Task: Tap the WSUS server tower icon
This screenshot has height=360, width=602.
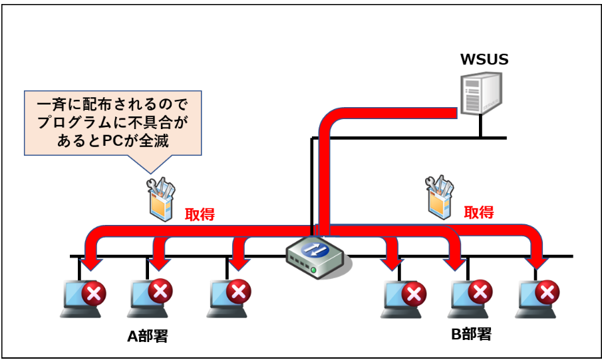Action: pyautogui.click(x=479, y=94)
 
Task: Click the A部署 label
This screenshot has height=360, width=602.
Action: pyautogui.click(x=148, y=335)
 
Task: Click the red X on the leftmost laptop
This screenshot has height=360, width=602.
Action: pyautogui.click(x=94, y=291)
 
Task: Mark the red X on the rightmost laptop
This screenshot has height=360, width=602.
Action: pyautogui.click(x=547, y=291)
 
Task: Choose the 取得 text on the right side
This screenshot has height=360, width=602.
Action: pyautogui.click(x=479, y=212)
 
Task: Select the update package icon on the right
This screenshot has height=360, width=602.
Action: pyautogui.click(x=439, y=197)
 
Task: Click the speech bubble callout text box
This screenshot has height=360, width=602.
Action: pyautogui.click(x=112, y=122)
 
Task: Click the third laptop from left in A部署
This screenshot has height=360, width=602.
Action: pyautogui.click(x=228, y=297)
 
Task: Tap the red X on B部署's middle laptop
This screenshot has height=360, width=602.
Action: pyautogui.click(x=480, y=291)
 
